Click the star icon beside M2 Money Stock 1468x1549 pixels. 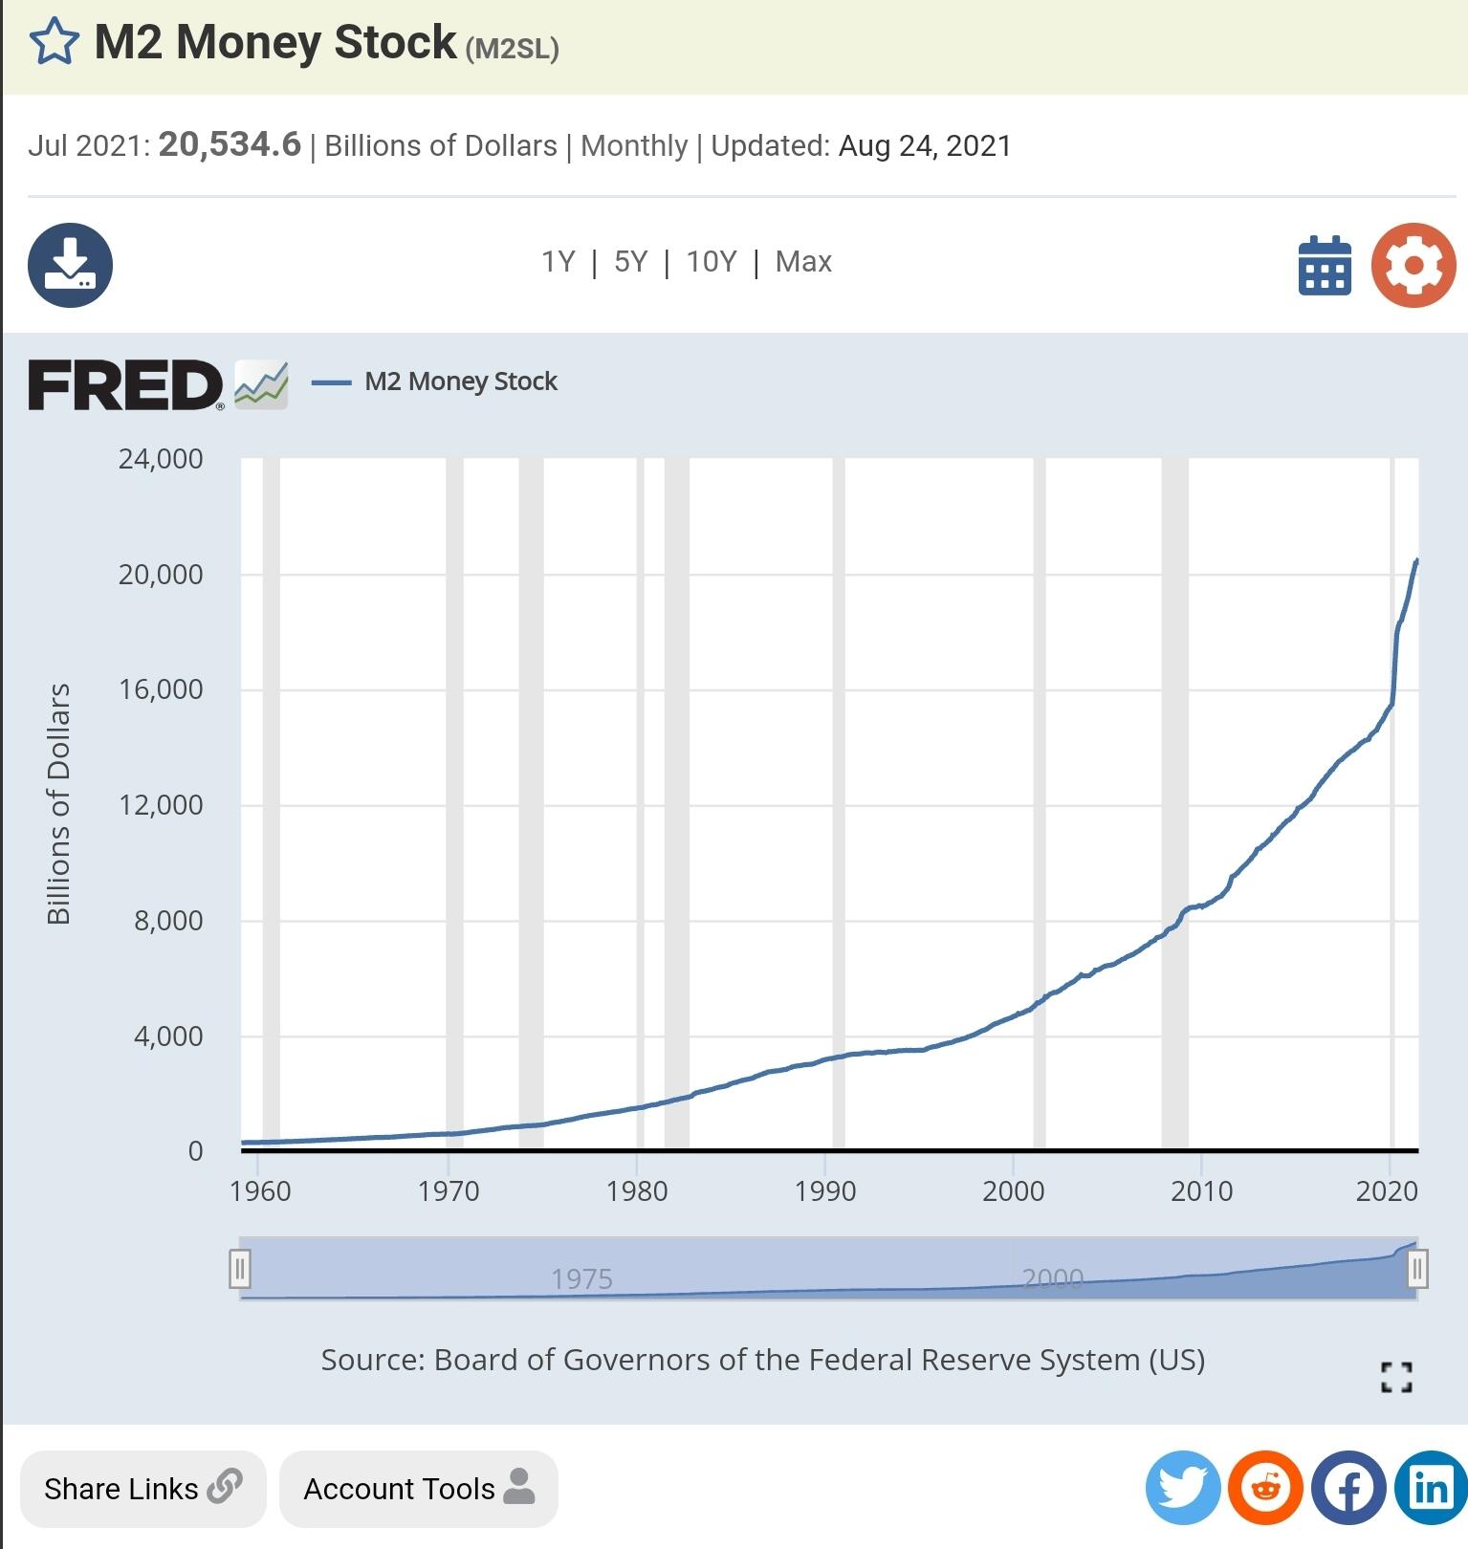point(54,42)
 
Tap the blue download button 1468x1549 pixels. point(70,265)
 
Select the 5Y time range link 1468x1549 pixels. point(630,261)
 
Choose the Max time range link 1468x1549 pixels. point(803,261)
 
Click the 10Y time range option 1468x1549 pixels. point(712,261)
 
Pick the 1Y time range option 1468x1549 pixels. point(559,261)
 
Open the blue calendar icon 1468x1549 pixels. point(1325,266)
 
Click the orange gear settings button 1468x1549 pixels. point(1413,265)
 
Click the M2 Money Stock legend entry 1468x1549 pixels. point(460,382)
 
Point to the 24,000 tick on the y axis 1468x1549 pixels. point(161,459)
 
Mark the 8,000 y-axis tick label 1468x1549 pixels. point(168,920)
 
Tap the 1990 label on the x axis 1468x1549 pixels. point(824,1190)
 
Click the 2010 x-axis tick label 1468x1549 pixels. point(1201,1190)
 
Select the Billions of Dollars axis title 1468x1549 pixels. point(59,803)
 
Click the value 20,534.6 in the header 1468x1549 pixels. point(230,144)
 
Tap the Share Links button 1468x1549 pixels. point(142,1489)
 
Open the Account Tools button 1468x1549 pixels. point(418,1489)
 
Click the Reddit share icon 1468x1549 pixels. point(1265,1488)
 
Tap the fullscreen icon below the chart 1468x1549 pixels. point(1396,1377)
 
